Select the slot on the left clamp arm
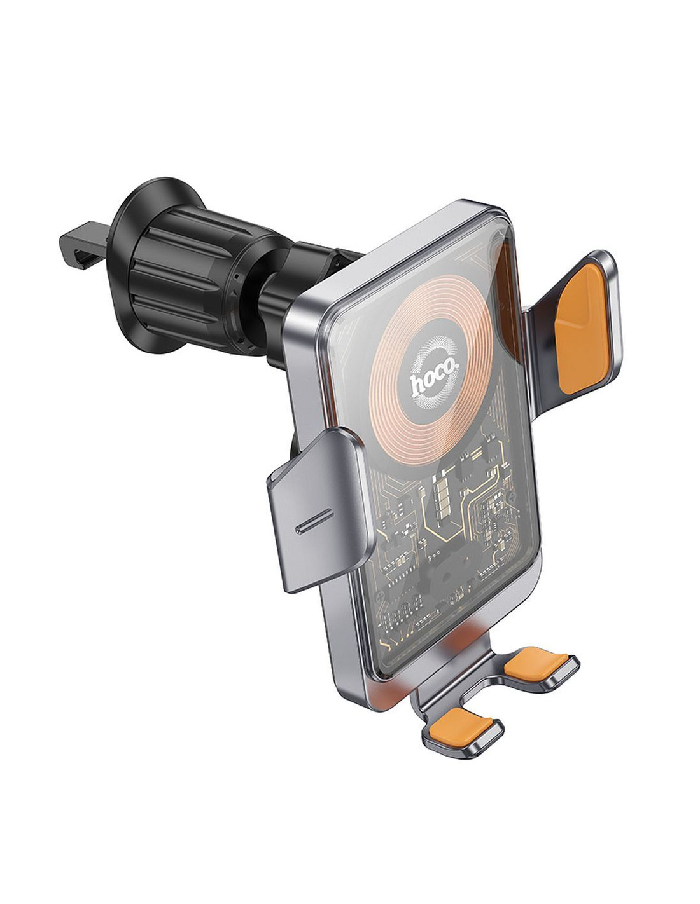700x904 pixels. [314, 521]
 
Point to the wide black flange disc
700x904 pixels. [137, 266]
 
